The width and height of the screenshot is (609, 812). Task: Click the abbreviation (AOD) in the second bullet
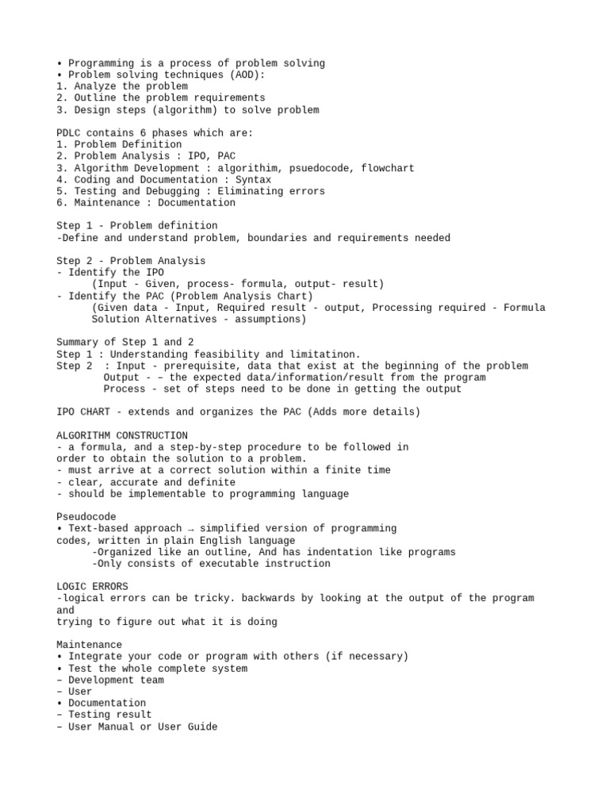click(247, 75)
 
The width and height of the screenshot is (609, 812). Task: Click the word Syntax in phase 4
click(253, 180)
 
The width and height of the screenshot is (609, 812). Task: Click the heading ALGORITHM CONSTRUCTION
click(122, 435)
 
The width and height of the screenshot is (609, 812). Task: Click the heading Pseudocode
click(86, 516)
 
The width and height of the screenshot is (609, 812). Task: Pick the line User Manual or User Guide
click(142, 726)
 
